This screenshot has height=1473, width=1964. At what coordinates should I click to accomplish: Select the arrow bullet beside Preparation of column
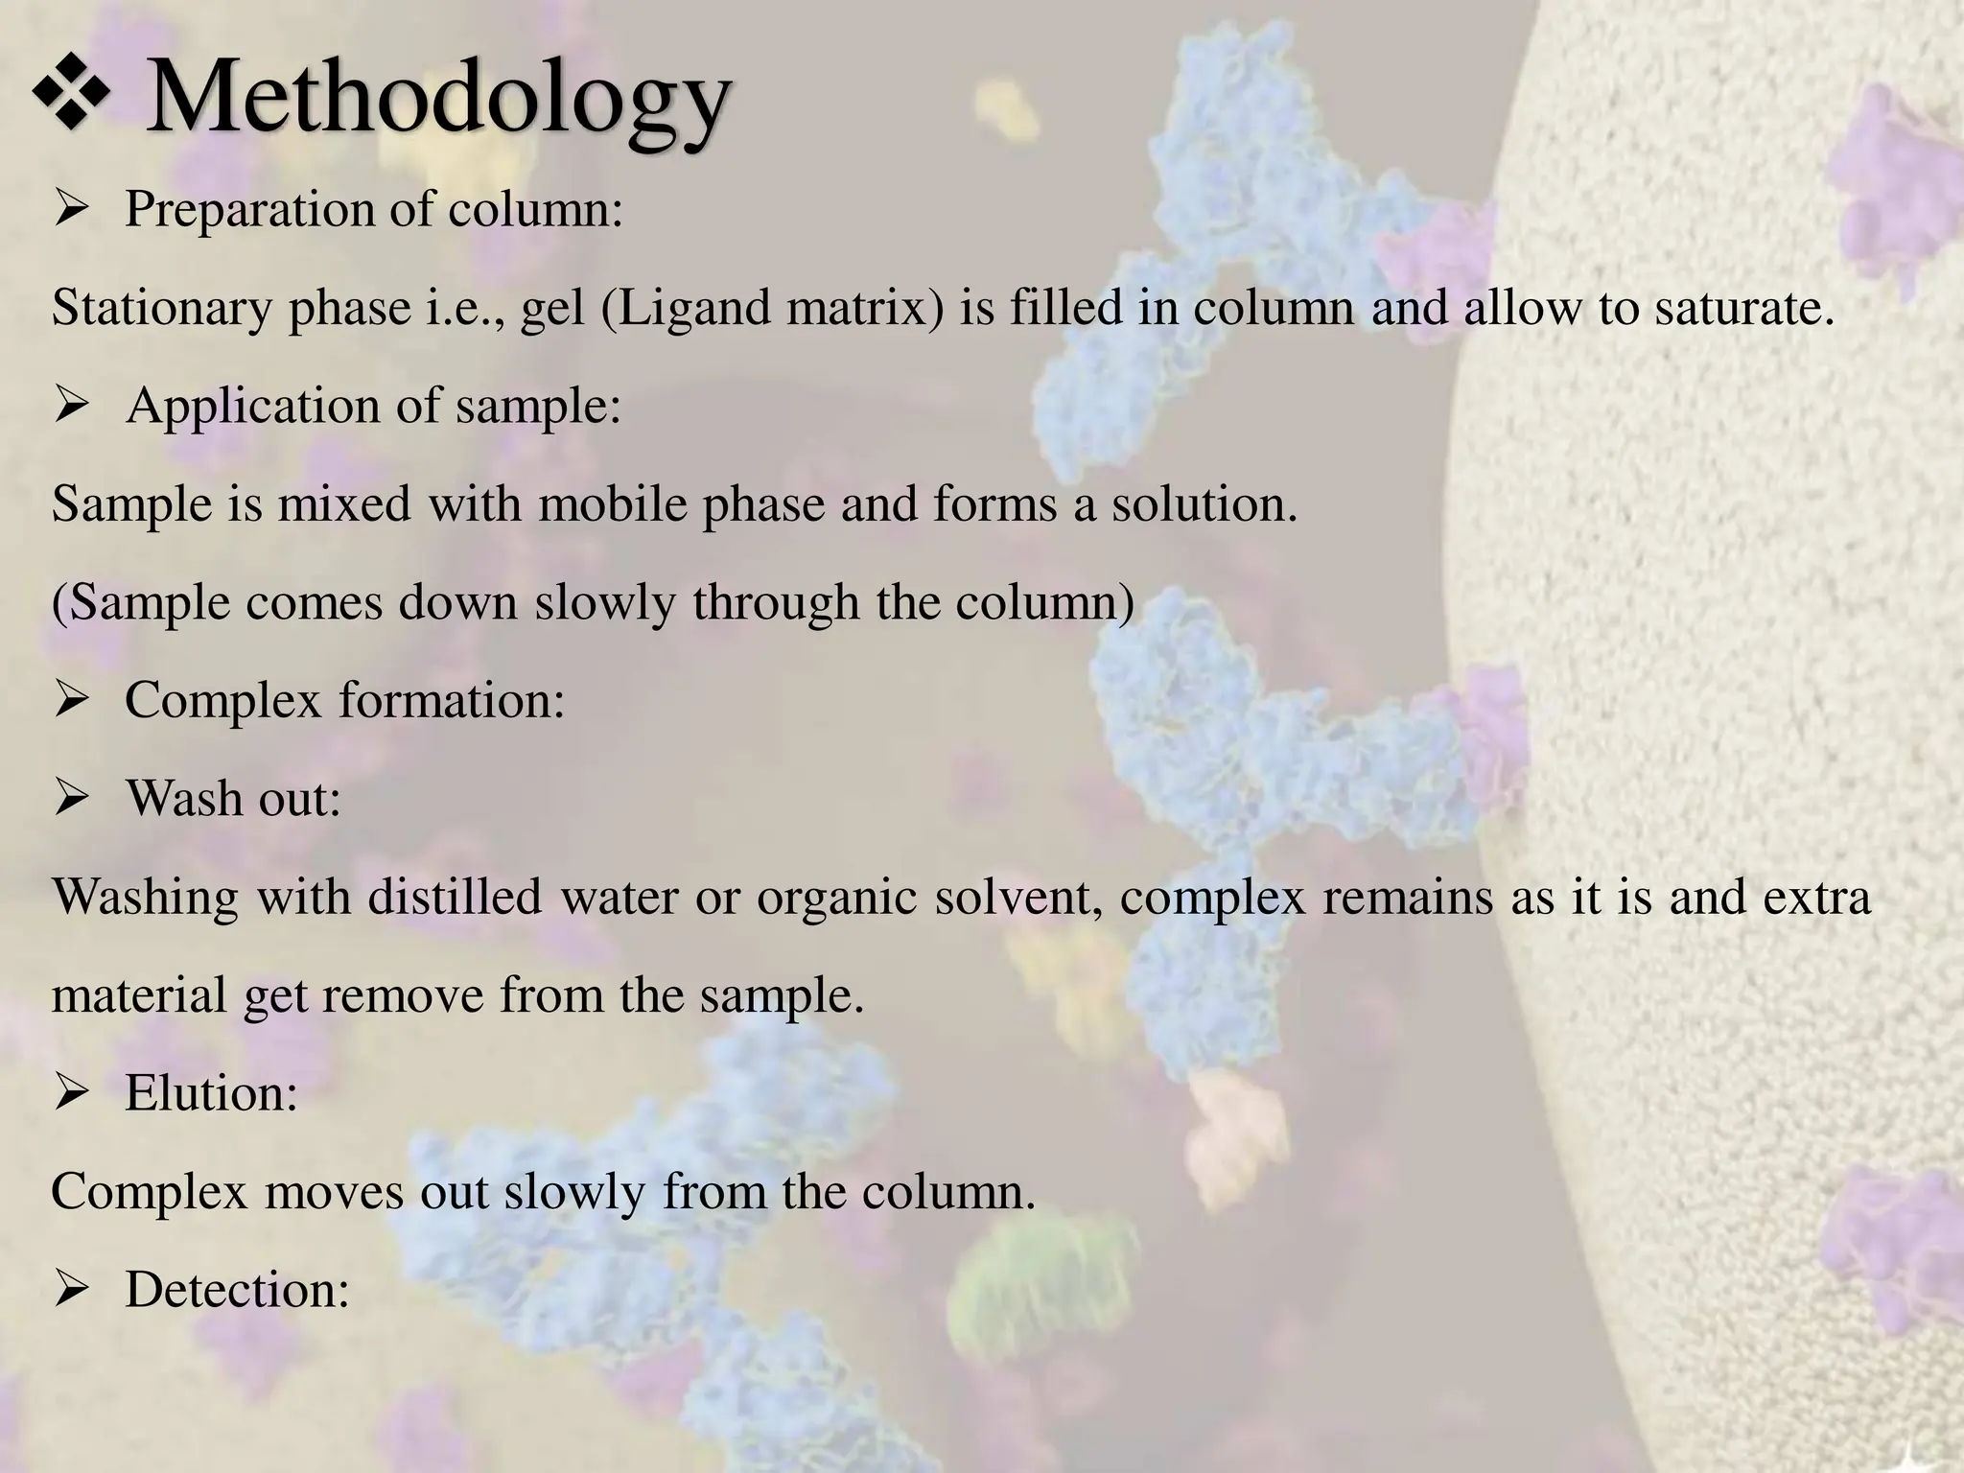point(72,208)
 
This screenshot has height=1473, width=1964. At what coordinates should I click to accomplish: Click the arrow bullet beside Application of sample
point(72,405)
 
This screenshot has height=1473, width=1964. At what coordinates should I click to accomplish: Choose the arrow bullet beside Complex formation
point(72,700)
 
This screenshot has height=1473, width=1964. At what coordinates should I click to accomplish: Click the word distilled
point(456,897)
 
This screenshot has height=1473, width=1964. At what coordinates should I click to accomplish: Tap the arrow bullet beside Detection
point(72,1290)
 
